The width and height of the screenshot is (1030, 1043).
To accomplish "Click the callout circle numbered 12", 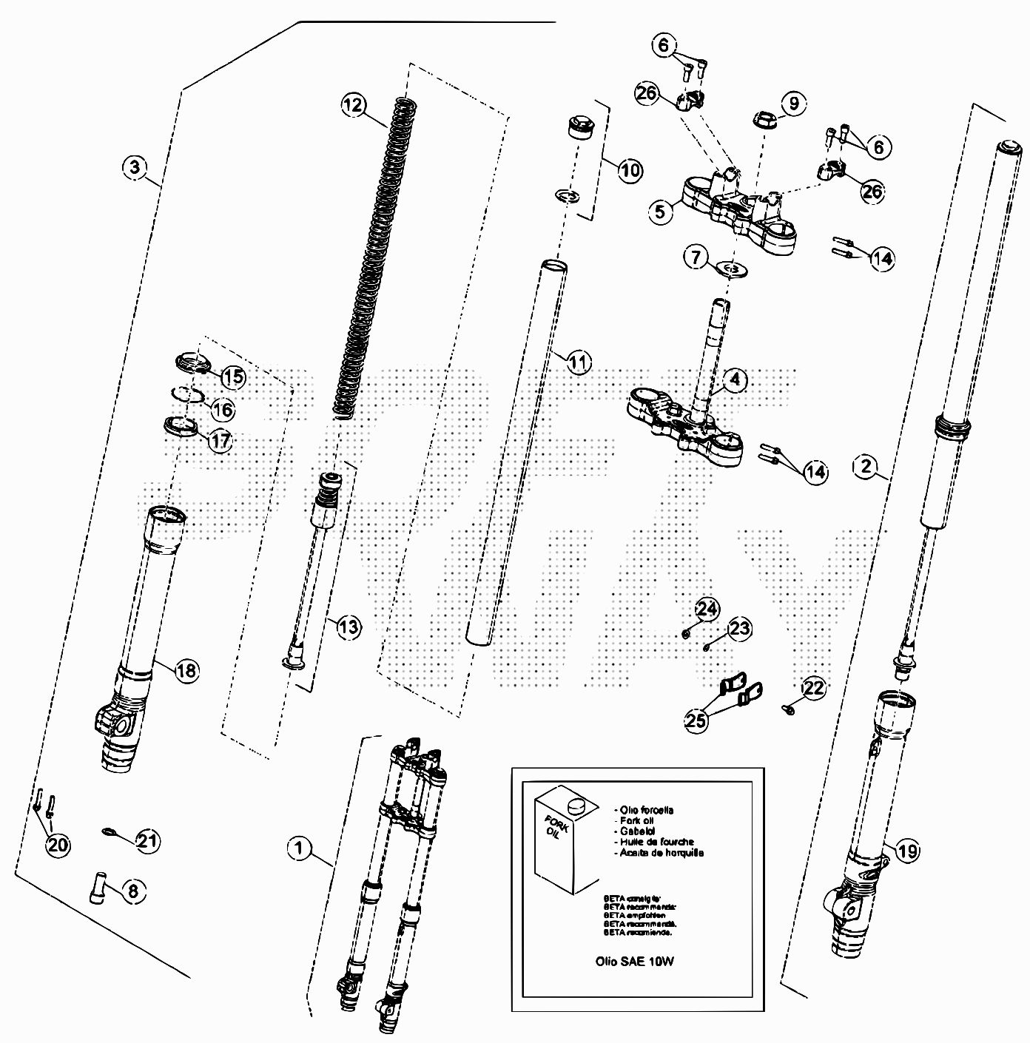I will [354, 105].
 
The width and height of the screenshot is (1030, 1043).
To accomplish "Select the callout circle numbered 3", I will [134, 167].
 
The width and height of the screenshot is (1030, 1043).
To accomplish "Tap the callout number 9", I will [793, 104].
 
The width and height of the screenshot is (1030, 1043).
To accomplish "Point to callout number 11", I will [580, 362].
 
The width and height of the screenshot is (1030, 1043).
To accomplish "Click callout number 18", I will [186, 670].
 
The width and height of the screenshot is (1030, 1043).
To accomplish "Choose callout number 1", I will [299, 848].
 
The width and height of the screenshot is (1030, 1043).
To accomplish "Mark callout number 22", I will [813, 689].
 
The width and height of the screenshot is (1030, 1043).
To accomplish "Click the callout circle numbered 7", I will [696, 258].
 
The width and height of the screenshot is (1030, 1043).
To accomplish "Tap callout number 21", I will [148, 840].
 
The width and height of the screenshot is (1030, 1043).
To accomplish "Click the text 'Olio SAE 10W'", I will [635, 962].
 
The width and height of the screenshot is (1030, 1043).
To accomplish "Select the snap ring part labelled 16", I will [187, 395].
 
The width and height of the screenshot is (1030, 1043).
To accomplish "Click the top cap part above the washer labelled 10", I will [578, 127].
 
